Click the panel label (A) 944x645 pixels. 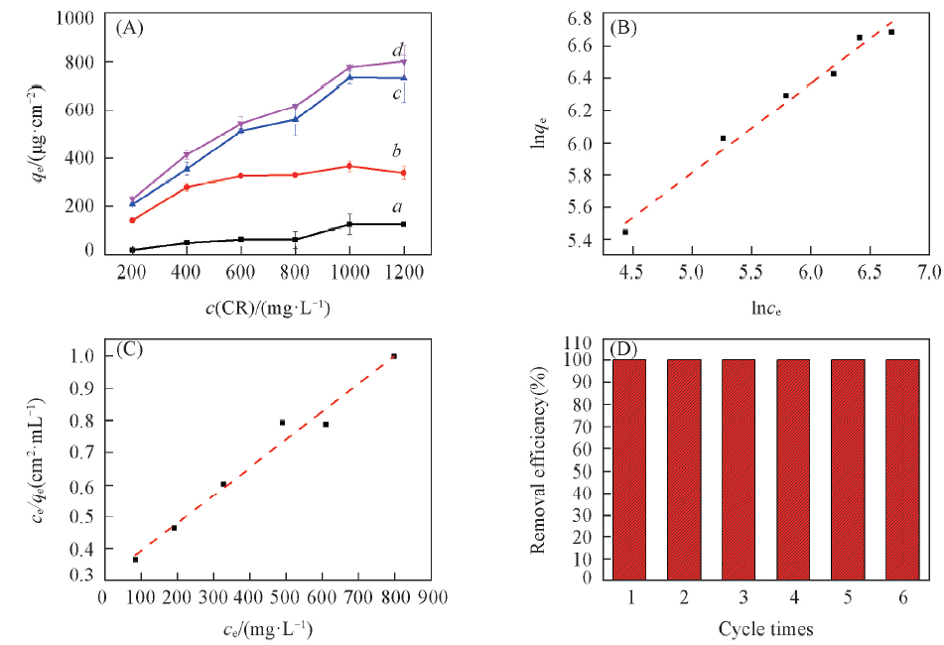point(130,28)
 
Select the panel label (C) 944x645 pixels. point(130,348)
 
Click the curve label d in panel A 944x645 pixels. point(397,50)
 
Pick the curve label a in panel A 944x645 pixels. point(397,207)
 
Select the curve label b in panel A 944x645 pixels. point(396,151)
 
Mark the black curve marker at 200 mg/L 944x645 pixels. point(132,250)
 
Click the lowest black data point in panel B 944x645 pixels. point(625,232)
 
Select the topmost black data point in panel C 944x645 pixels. point(394,356)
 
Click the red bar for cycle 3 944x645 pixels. point(739,468)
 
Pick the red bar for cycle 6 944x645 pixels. point(902,468)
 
